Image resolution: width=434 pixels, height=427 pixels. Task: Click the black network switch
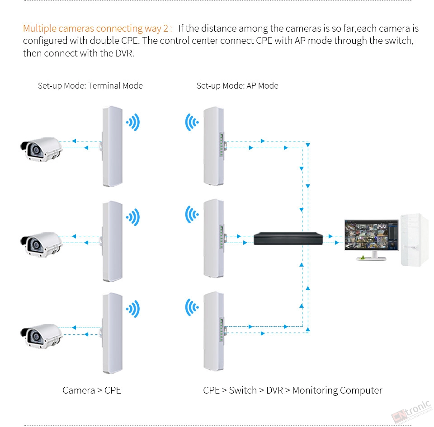point(288,238)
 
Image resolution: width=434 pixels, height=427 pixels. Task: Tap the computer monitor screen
point(371,235)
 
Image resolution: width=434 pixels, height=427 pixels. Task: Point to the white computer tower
point(414,239)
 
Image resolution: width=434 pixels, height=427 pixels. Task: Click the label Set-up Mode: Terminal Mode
point(90,86)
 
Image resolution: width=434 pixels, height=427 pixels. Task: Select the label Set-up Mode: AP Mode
point(237,86)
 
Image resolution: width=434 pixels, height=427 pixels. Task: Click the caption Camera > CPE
point(92,390)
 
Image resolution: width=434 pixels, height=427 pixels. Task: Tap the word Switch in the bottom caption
point(243,390)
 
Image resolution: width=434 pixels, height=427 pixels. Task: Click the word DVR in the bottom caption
point(274,390)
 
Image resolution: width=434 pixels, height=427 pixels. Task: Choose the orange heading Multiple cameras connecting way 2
point(97,28)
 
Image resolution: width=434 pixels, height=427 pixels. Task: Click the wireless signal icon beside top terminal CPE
point(133,122)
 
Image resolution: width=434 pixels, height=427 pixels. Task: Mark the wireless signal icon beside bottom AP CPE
point(192,308)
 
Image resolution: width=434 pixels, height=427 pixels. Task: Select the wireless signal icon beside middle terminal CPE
point(133,217)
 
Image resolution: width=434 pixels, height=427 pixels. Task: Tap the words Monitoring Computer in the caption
point(337,390)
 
